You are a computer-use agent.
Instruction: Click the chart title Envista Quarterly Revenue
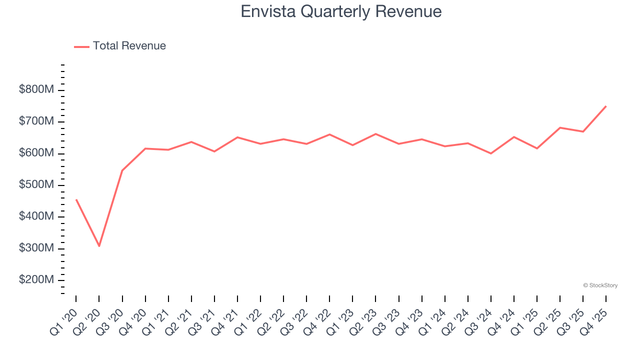pos(341,11)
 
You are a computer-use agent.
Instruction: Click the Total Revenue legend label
pos(129,46)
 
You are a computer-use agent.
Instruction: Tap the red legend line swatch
pos(81,46)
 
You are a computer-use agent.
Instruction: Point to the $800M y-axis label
pos(36,90)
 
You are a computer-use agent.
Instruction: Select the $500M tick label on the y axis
pos(36,185)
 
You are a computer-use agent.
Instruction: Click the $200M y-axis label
pos(36,280)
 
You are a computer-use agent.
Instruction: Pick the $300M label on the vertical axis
pos(36,248)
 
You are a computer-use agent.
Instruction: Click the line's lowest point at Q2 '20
pos(99,246)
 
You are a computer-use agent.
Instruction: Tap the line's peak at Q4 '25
pos(606,106)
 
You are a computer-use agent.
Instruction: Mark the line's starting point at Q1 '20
pos(76,199)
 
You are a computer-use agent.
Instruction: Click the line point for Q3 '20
pos(122,170)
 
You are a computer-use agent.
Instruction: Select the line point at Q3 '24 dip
pos(490,153)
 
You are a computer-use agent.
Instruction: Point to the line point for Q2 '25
pos(560,127)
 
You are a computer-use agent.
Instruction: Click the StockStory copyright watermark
pos(600,285)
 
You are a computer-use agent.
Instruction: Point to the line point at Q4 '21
pos(237,137)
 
